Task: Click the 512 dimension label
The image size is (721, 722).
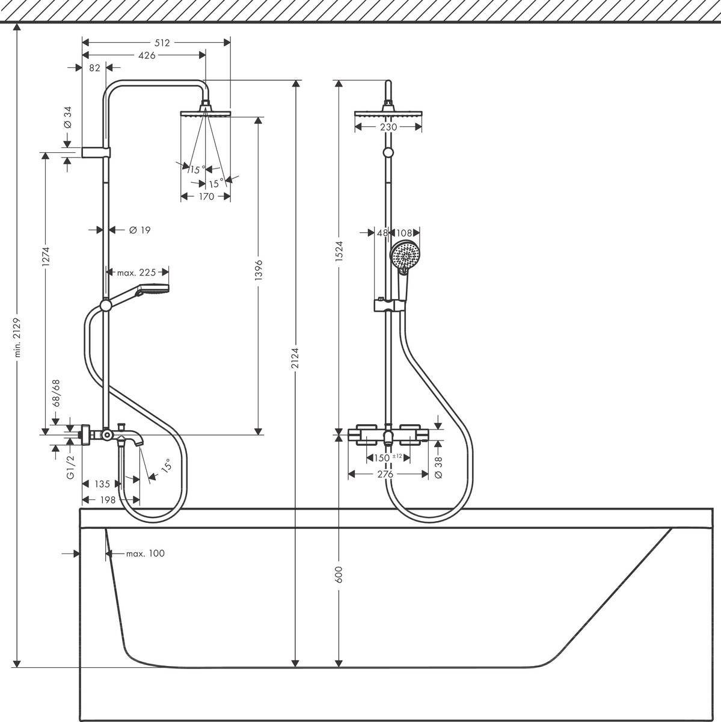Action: tap(163, 42)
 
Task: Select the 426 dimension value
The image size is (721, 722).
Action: tap(147, 55)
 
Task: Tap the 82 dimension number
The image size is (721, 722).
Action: tap(94, 68)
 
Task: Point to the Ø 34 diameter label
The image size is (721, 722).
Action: tap(67, 116)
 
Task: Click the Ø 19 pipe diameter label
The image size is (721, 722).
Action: tap(139, 229)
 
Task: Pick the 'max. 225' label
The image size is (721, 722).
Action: tap(136, 273)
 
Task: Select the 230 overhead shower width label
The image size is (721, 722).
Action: tap(388, 127)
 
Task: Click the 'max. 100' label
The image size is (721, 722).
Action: tap(145, 554)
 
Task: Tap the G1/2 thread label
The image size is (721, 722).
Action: tap(70, 467)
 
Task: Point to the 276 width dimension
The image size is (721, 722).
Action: tap(385, 475)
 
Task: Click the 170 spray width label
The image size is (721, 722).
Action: tap(206, 196)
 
